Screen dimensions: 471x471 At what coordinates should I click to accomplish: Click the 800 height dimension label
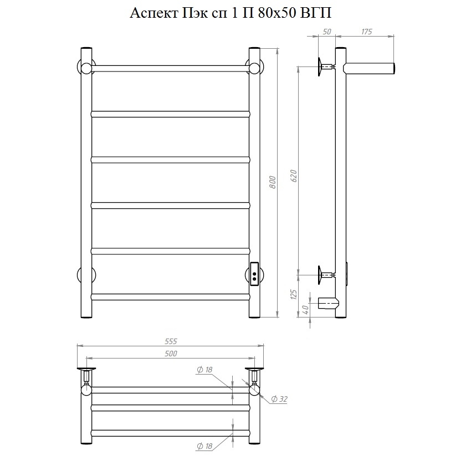coord(273,182)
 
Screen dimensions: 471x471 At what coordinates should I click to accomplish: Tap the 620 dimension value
coord(294,176)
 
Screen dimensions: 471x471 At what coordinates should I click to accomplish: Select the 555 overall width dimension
coord(171,341)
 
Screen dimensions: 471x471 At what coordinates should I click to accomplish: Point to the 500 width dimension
coord(171,354)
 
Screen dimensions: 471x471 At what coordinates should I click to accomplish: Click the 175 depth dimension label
coord(366,32)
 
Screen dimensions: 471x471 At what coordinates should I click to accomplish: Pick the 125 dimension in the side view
coord(294,294)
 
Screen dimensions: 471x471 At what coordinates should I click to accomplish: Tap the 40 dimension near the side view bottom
coord(305,309)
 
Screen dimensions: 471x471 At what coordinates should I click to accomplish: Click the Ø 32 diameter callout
coord(279,399)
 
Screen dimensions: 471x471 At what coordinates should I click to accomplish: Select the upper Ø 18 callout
coord(204,370)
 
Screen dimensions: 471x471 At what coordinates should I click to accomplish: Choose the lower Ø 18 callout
coord(204,446)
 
